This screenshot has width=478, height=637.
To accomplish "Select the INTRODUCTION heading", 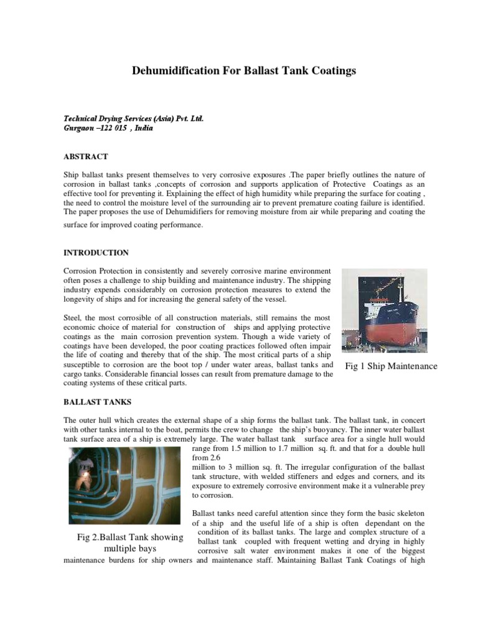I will [x=96, y=253].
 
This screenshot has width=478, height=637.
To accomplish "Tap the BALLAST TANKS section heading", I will [x=95, y=402].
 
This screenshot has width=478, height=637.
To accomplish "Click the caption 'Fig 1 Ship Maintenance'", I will [x=391, y=366].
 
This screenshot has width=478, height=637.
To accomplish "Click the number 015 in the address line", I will [x=118, y=128].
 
